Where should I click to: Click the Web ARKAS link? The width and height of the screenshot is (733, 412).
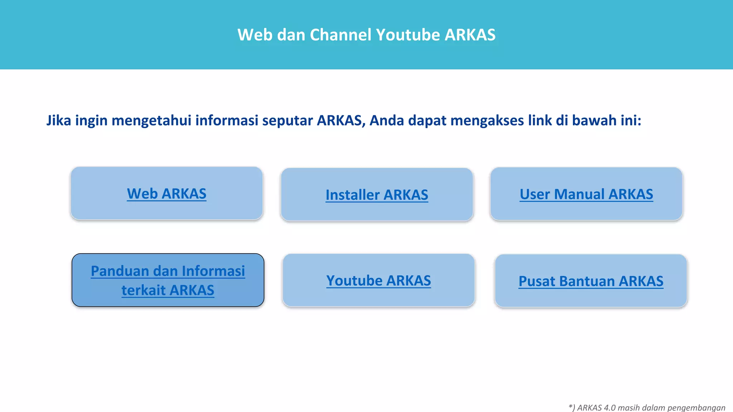166,194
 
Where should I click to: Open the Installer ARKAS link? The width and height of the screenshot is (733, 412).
377,195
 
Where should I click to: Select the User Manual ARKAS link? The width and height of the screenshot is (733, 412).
586,194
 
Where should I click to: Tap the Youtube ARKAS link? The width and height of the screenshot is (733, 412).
378,281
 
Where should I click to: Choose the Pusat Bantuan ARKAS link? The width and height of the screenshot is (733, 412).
591,281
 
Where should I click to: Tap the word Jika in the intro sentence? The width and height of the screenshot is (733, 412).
59,121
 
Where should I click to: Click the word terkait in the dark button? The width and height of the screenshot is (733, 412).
144,290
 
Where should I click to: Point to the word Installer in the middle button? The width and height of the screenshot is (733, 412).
353,195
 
